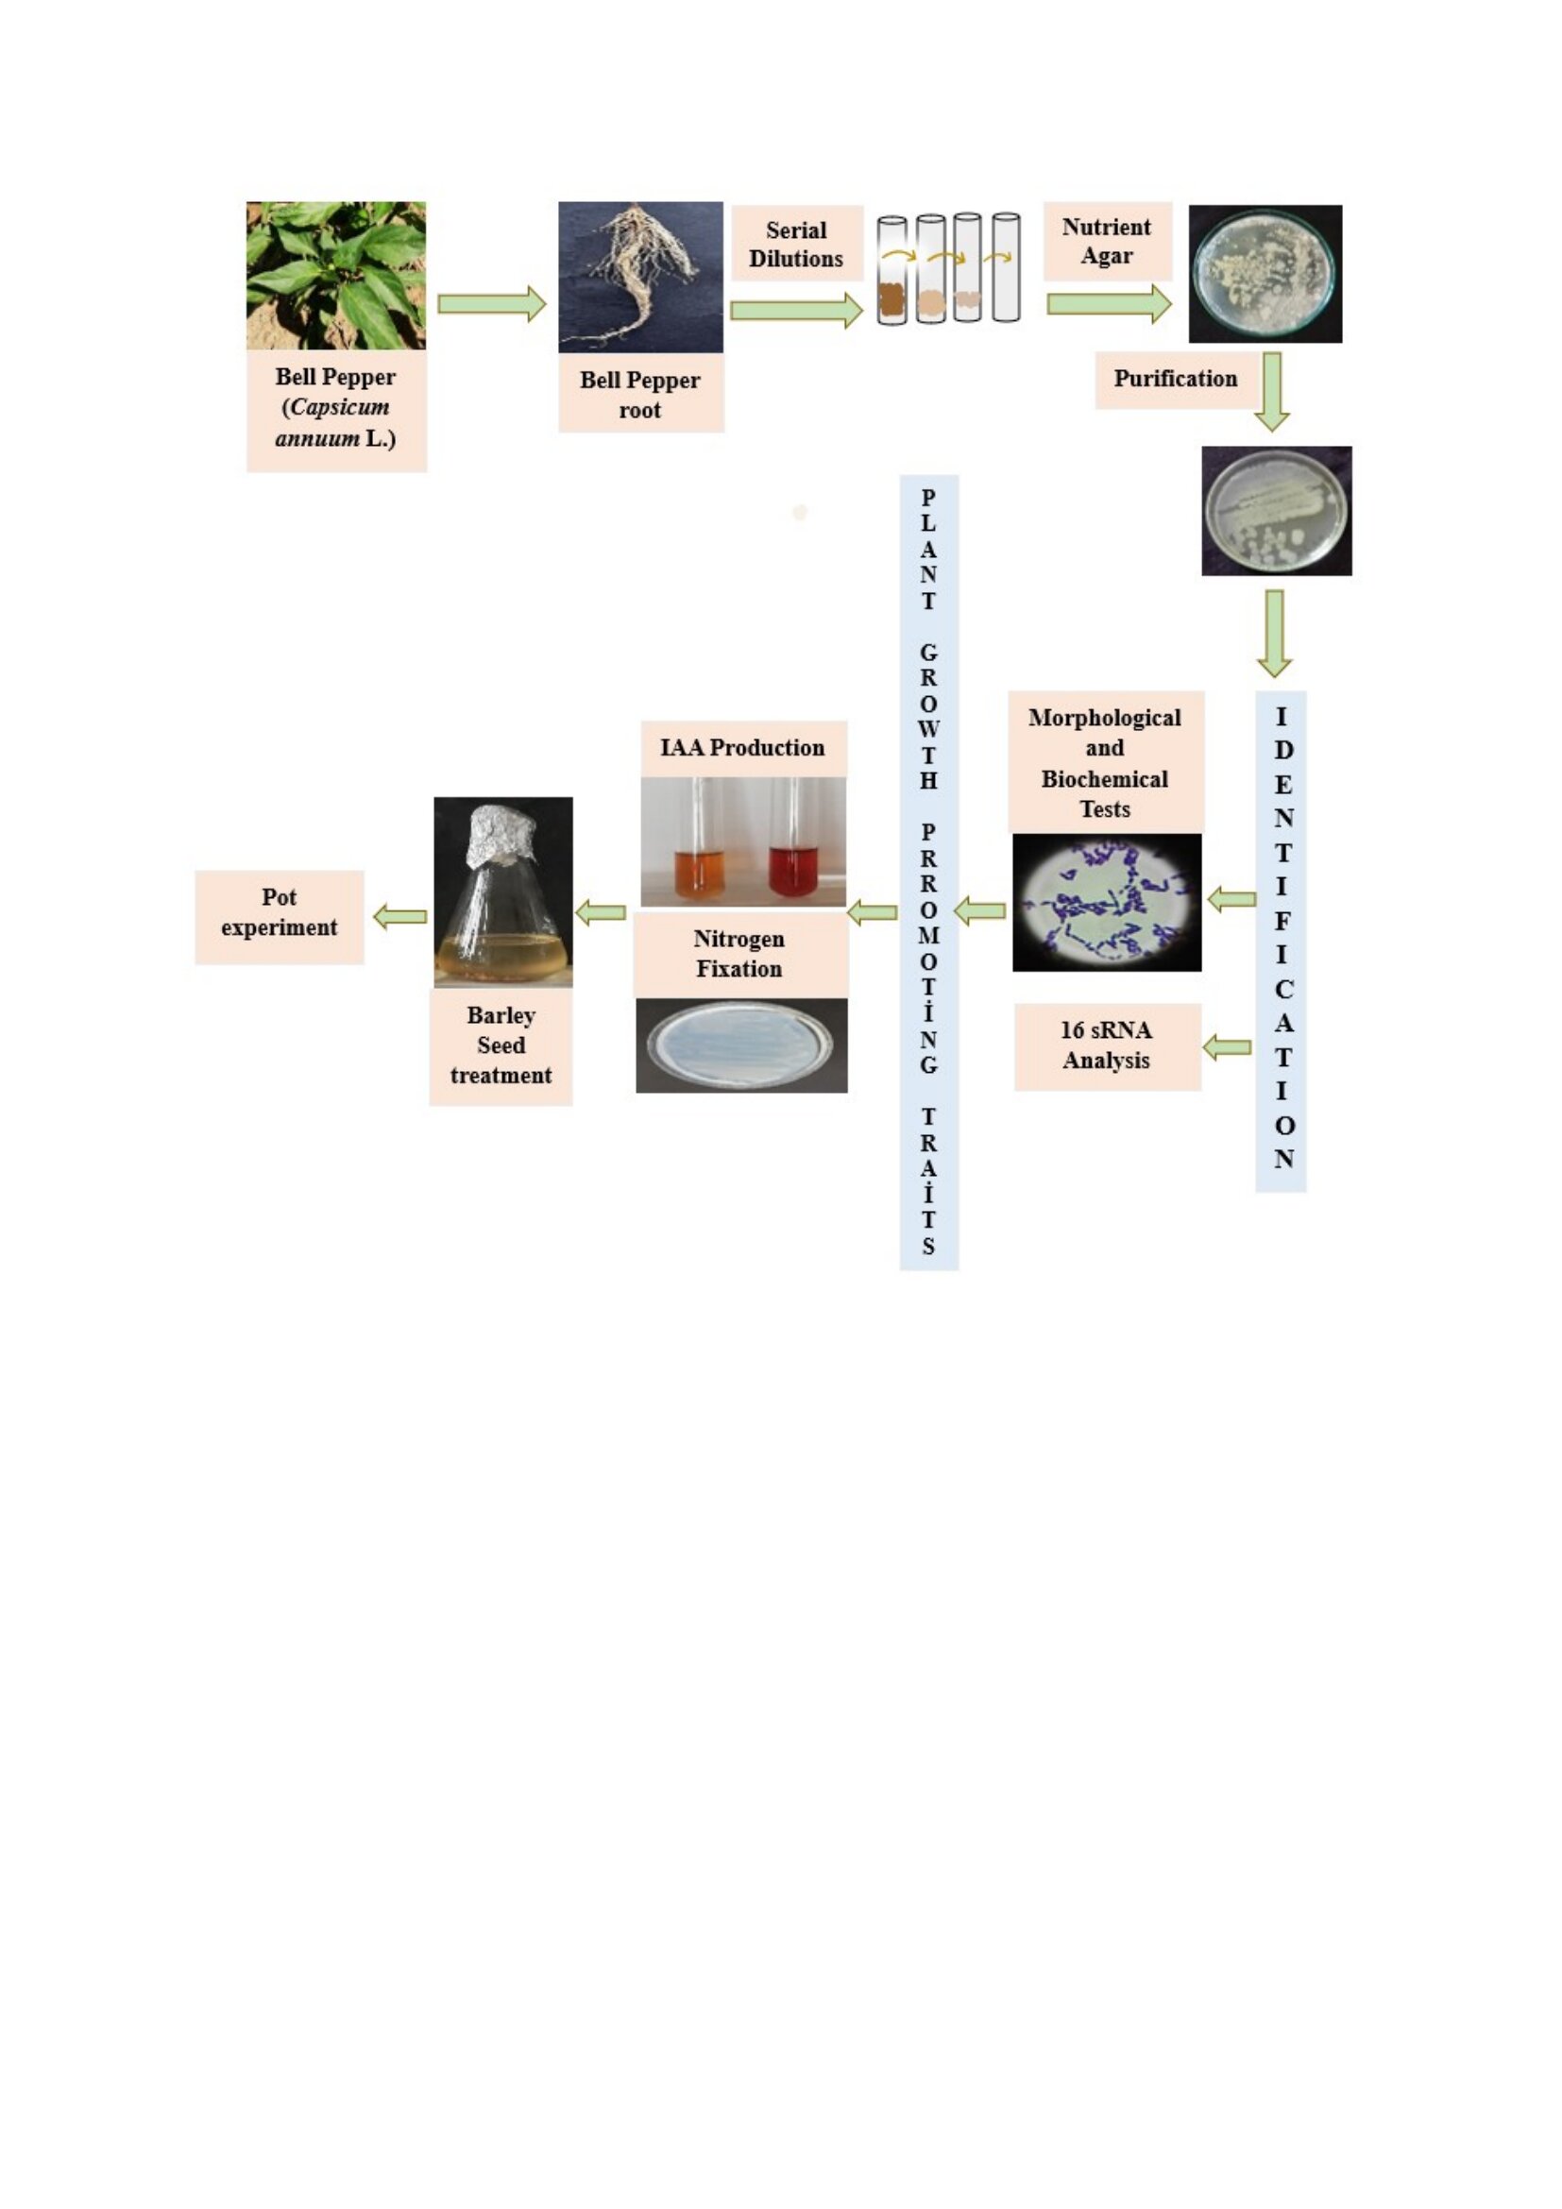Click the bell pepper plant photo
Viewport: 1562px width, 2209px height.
335,275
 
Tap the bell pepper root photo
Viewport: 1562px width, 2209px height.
640,277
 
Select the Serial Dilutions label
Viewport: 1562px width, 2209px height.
796,244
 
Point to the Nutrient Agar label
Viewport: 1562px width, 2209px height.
1107,242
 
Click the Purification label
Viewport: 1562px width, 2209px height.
1176,379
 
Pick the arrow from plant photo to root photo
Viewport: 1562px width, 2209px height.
491,304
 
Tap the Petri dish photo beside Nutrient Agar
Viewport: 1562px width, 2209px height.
1265,274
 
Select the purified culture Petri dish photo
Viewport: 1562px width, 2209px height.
1277,511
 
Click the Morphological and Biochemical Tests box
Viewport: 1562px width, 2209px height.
1105,762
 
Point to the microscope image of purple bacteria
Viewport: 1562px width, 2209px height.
1106,903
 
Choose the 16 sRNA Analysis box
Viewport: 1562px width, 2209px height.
1107,1045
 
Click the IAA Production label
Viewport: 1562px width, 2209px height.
742,748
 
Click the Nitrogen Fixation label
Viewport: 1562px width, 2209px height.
739,954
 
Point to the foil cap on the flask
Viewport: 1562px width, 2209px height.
502,835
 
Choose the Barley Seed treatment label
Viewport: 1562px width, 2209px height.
501,1045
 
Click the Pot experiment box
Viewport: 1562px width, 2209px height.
279,913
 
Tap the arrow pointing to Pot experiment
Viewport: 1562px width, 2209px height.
400,916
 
